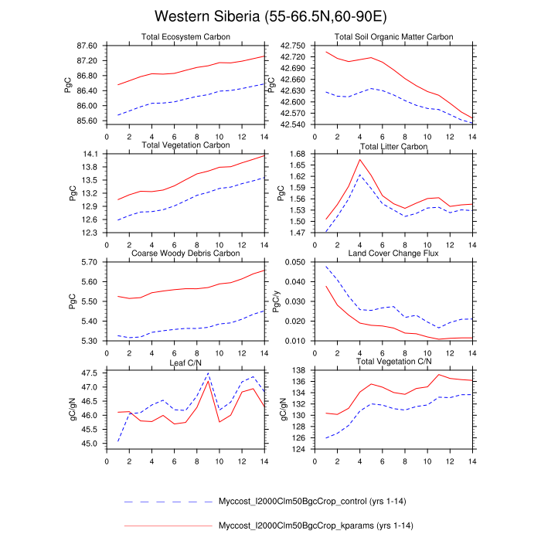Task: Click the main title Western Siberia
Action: (270, 16)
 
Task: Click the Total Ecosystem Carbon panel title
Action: (185, 37)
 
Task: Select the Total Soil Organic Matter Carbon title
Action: (393, 37)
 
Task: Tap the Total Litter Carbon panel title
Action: (393, 146)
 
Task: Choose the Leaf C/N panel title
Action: (185, 362)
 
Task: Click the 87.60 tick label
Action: (87, 46)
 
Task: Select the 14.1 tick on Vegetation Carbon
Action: (90, 154)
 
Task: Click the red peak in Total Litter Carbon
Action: (360, 159)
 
